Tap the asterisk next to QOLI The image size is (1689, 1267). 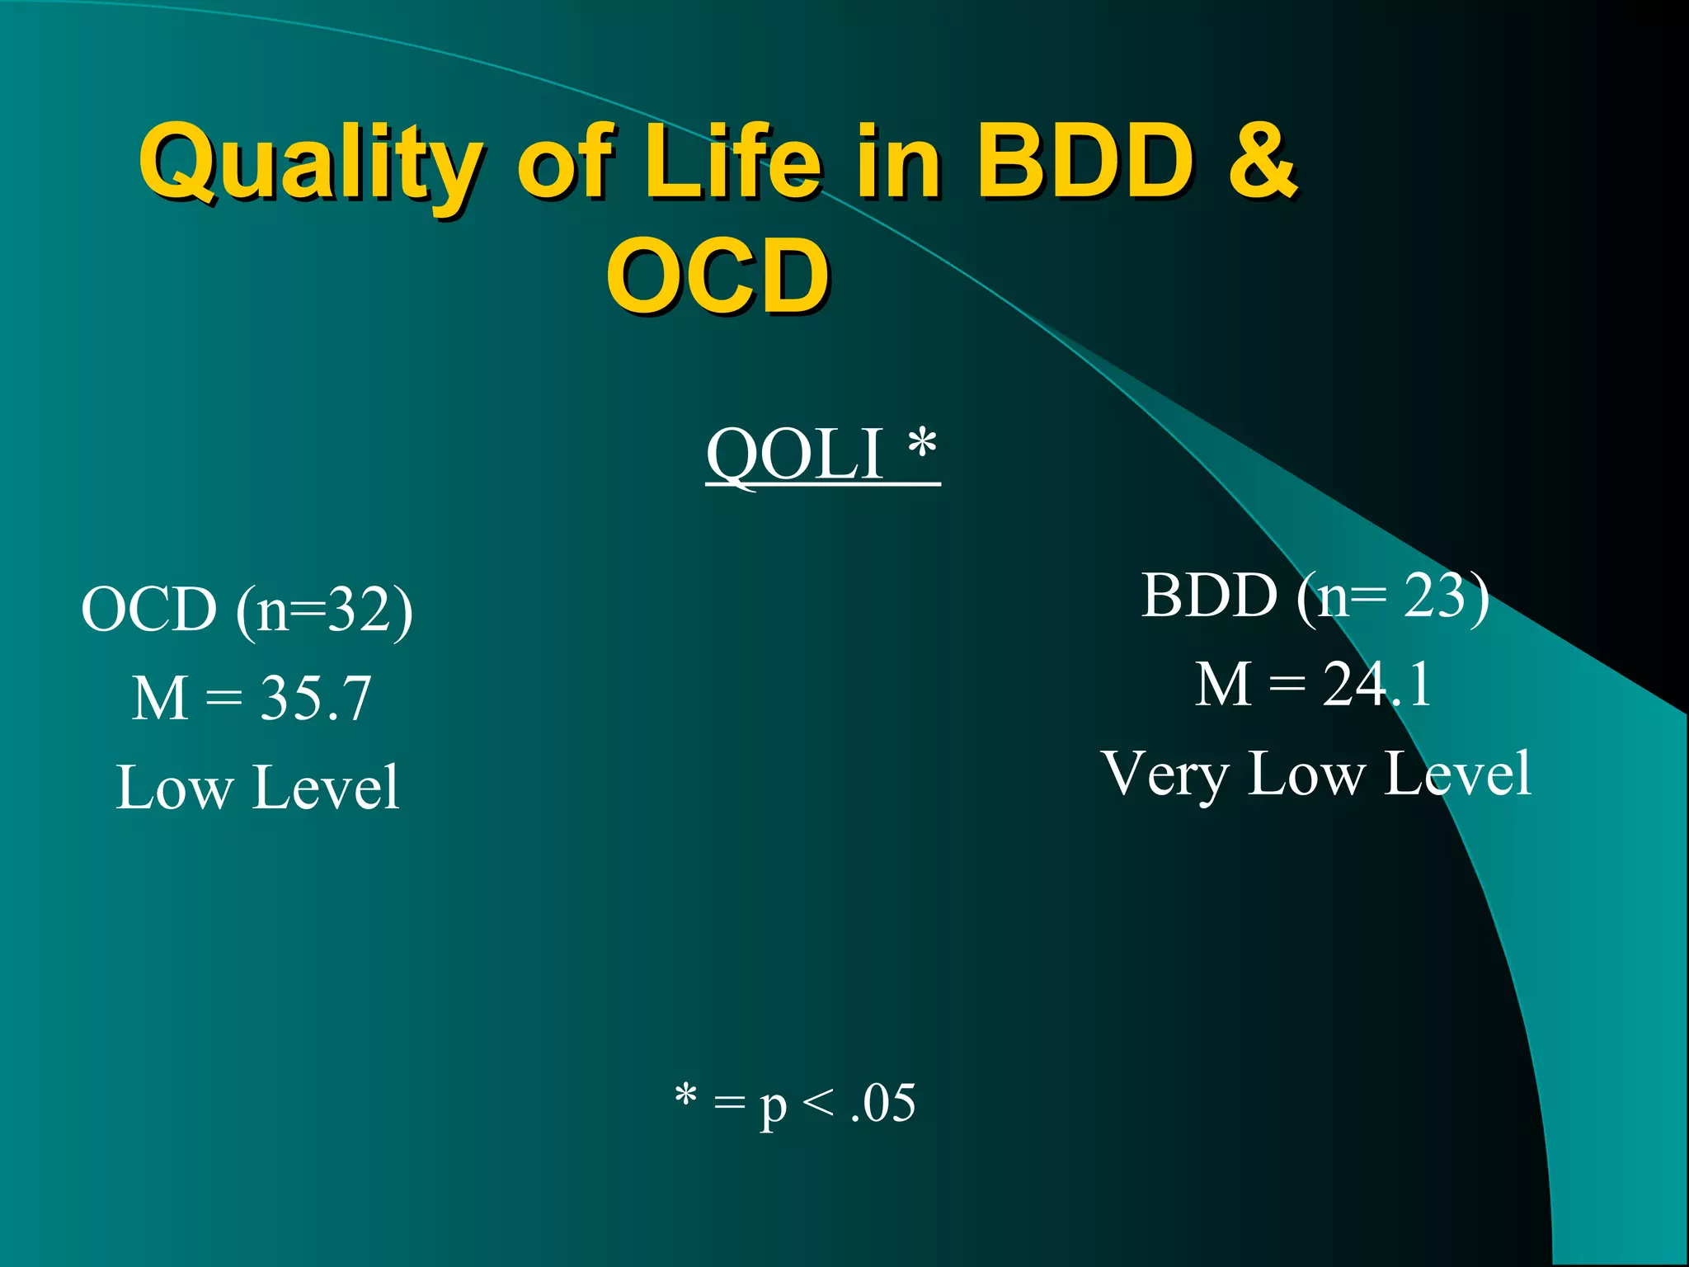[922, 446]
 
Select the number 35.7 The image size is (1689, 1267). [316, 699]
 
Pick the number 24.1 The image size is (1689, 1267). [1377, 685]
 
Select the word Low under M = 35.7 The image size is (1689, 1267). [174, 788]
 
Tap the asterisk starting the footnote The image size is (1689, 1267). [685, 1096]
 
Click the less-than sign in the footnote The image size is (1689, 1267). [816, 1103]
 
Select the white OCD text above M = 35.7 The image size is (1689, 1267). [149, 610]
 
